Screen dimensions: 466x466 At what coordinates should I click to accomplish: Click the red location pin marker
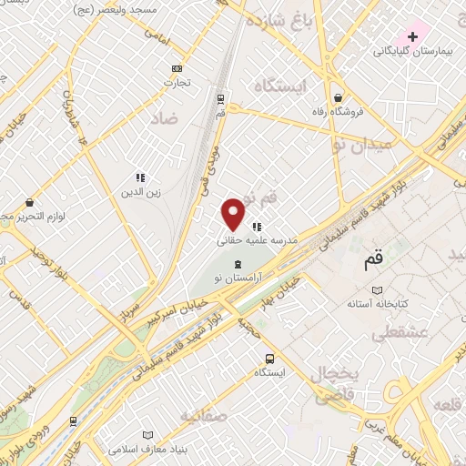tap(235, 214)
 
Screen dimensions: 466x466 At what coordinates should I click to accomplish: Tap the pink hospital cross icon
tap(413, 36)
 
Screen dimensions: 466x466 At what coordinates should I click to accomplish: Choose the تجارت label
tap(175, 83)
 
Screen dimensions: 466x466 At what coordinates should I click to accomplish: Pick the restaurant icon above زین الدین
tap(141, 177)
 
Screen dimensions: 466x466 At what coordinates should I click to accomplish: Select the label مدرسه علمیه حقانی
tap(252, 241)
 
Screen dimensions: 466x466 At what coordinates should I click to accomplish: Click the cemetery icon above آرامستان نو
tap(238, 262)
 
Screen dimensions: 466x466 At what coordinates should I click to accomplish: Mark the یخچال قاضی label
tap(337, 384)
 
